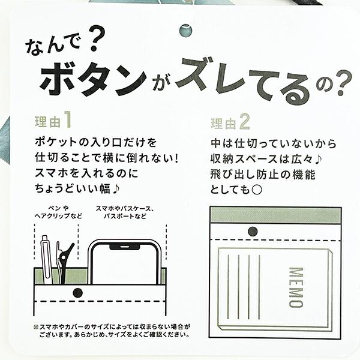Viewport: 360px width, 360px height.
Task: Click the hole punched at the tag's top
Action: (185, 31)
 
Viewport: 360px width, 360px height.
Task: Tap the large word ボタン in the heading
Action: (94, 80)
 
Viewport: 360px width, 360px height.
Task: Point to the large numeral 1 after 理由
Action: (67, 119)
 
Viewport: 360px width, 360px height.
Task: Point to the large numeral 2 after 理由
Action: (244, 122)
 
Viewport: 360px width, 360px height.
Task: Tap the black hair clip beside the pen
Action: (64, 262)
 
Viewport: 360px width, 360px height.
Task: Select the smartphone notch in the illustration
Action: (125, 247)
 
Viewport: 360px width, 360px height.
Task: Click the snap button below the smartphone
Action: (78, 293)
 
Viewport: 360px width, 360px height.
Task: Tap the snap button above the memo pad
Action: (253, 232)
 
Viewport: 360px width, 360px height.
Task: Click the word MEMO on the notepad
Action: (296, 287)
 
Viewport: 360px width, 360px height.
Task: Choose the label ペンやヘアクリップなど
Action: (58, 212)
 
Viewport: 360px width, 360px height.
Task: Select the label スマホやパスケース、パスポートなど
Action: (125, 212)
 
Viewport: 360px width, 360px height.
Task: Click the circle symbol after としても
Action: (257, 190)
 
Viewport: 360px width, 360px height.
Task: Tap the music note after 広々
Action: (318, 160)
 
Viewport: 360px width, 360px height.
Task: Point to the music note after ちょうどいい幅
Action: (116, 189)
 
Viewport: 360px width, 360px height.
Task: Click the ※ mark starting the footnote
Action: (36, 327)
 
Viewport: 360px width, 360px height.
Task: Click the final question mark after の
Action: (343, 83)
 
